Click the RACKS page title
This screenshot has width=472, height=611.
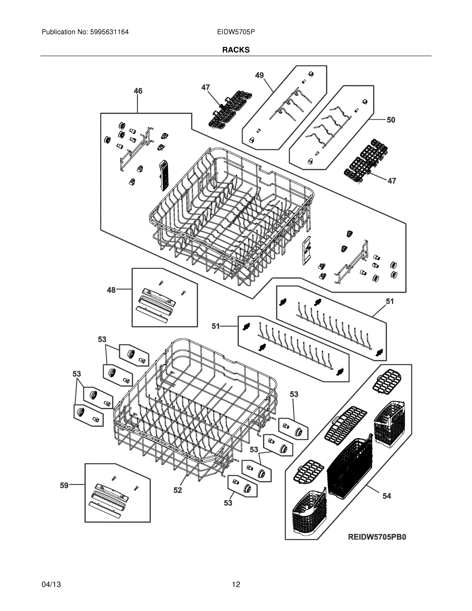tap(236, 50)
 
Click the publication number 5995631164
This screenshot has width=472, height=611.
tap(109, 32)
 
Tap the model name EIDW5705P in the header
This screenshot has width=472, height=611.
tap(236, 32)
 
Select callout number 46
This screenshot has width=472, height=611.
tap(138, 91)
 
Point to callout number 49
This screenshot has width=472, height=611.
tap(259, 75)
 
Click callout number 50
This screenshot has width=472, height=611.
tap(391, 120)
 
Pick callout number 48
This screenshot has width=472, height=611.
tap(111, 290)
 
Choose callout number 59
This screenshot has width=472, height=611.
tap(64, 485)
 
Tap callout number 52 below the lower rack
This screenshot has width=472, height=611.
tap(178, 490)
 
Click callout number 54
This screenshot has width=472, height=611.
tap(387, 496)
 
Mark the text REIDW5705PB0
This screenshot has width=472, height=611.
tap(377, 537)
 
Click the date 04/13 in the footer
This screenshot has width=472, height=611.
tap(51, 585)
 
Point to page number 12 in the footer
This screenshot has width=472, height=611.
tap(236, 585)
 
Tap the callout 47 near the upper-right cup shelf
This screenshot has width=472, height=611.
tap(392, 181)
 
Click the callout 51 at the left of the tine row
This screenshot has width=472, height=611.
tap(216, 326)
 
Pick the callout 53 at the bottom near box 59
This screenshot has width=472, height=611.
tap(228, 503)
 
